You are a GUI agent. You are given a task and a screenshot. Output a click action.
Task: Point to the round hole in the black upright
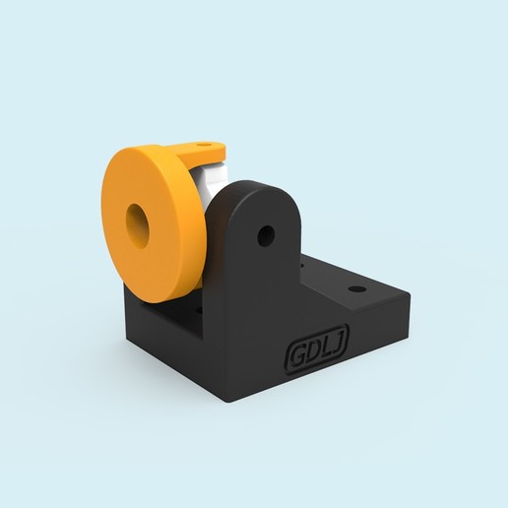(265, 235)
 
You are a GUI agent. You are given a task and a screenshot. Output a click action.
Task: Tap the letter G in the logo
(294, 358)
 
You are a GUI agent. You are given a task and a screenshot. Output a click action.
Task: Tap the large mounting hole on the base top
(355, 290)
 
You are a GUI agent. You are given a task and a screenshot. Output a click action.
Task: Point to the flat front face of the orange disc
(162, 246)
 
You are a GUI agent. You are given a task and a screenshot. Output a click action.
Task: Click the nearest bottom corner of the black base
(231, 401)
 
